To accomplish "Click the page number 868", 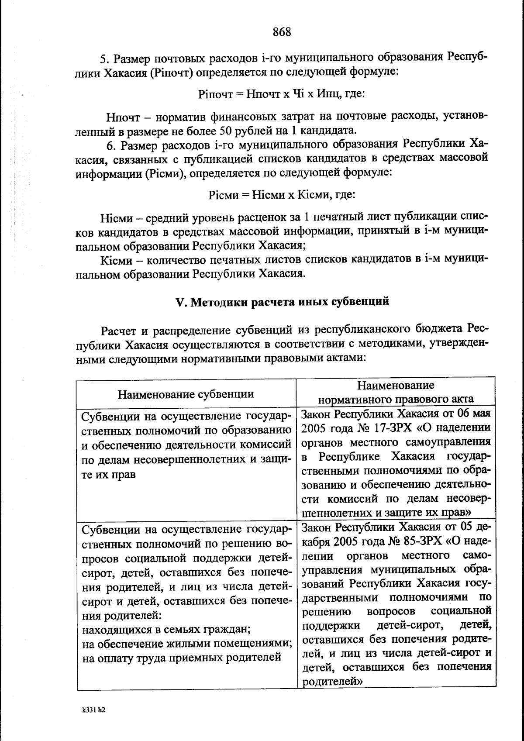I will pos(282,32).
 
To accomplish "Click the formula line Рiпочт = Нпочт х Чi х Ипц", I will pos(281,93).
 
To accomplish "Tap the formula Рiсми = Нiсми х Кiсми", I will pos(282,194).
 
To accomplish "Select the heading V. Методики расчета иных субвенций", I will pos(282,301).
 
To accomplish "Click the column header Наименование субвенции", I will pos(186,394).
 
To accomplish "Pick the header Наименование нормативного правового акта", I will pos(396,392).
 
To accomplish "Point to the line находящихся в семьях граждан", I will pos(166,630).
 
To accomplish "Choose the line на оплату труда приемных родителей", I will pos(182,658).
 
